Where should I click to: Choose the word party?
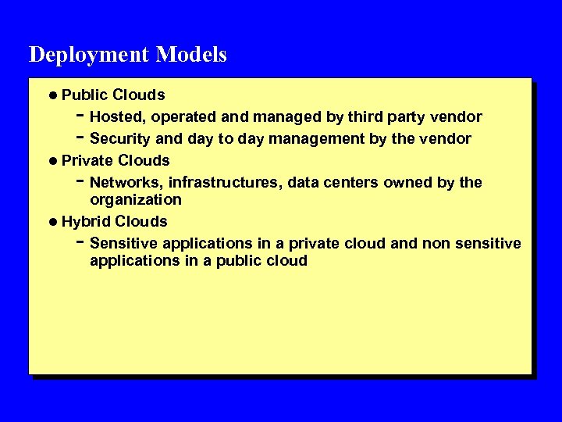[x=410, y=118]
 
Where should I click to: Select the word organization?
[x=136, y=200]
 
